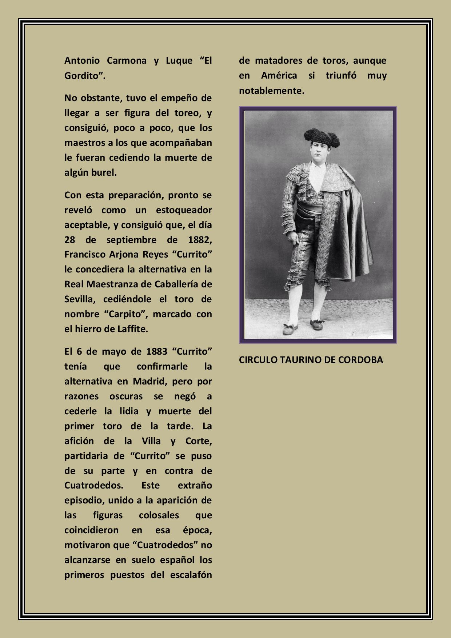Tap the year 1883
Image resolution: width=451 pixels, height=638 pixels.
pyautogui.click(x=157, y=351)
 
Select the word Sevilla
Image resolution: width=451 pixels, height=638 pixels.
pyautogui.click(x=80, y=299)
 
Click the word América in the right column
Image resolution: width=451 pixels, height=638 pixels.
pyautogui.click(x=279, y=76)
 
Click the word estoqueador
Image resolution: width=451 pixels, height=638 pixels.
pyautogui.click(x=184, y=210)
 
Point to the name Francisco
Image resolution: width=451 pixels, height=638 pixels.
pyautogui.click(x=85, y=254)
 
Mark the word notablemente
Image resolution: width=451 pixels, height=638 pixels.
pyautogui.click(x=271, y=91)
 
